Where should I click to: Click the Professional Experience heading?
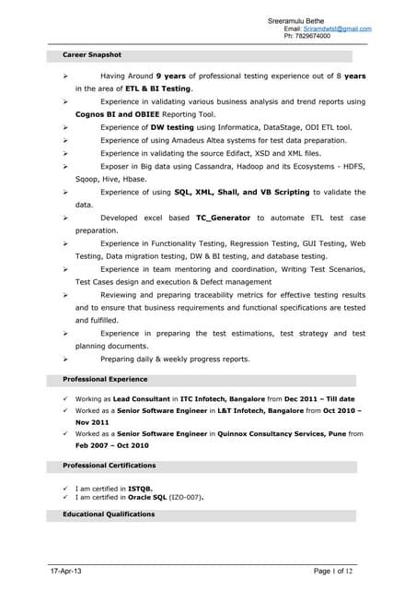[x=105, y=379]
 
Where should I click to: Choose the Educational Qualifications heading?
[x=109, y=513]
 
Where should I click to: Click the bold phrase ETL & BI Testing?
[x=158, y=88]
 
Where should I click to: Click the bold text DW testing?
[x=172, y=126]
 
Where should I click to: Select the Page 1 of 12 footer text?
[x=333, y=572]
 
